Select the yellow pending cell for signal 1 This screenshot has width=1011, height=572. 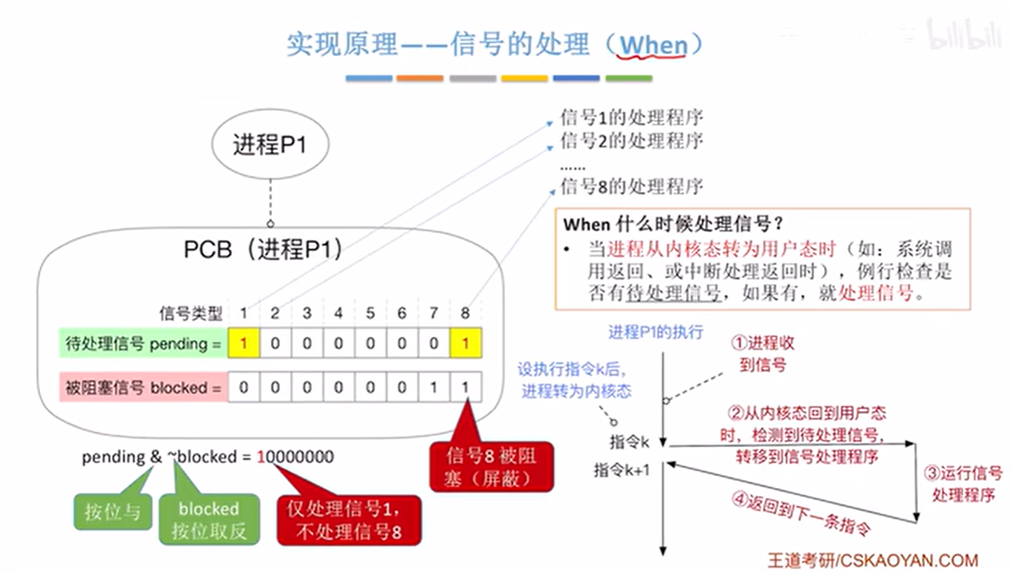(244, 343)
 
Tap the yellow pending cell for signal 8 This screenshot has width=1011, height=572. (467, 343)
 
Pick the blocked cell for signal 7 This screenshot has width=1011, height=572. (434, 387)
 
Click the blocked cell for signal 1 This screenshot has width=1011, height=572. (244, 387)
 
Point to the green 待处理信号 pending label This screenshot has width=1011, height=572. (142, 343)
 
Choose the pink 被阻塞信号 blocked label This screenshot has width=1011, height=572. (142, 387)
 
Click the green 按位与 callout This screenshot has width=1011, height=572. (112, 512)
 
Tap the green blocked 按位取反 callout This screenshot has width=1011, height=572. (209, 519)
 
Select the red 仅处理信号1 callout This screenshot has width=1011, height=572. (348, 520)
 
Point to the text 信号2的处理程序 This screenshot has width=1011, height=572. (631, 140)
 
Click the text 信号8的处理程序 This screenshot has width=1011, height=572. (631, 186)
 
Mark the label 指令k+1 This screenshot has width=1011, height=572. (621, 470)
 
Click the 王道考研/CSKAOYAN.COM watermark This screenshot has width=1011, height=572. (872, 560)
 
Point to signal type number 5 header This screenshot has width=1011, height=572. (371, 313)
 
